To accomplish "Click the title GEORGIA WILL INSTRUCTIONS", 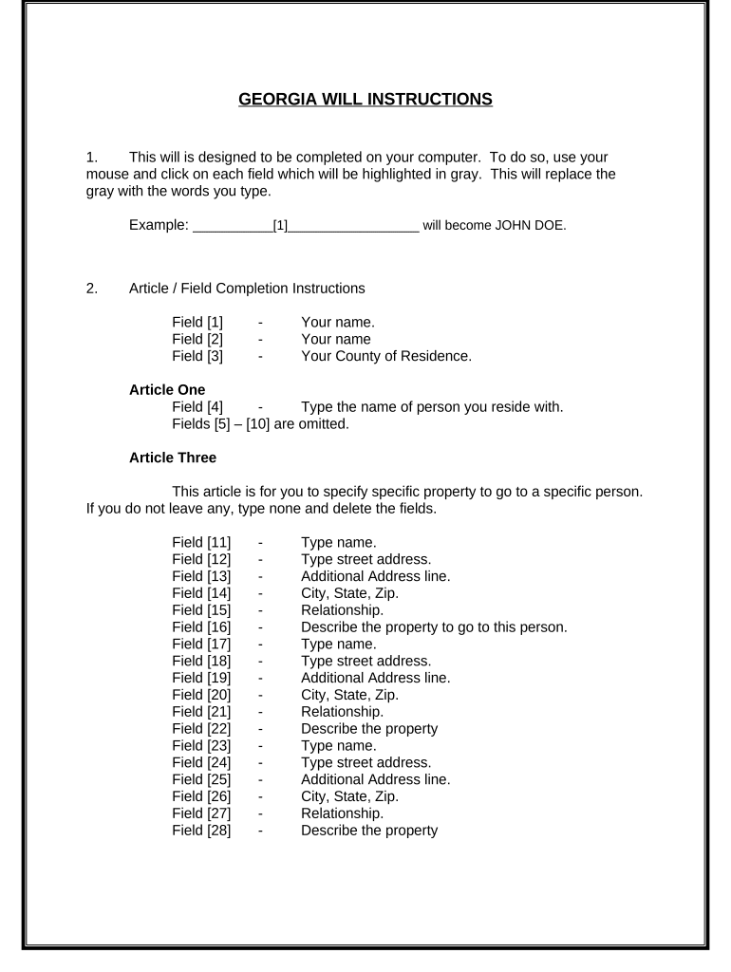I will (x=365, y=99).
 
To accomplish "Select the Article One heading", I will (x=167, y=389).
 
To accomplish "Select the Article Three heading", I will (x=172, y=458).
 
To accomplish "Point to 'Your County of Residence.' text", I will (x=385, y=356).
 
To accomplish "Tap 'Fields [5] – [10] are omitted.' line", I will (x=261, y=424).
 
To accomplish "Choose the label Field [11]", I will (x=201, y=542).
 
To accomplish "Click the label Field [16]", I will (x=201, y=626).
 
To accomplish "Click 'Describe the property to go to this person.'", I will (x=434, y=626).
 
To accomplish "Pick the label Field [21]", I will (x=201, y=711).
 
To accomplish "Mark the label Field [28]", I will (x=201, y=830).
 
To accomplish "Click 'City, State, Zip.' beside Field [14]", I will (x=349, y=593).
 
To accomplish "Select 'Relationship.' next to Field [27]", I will (x=343, y=813).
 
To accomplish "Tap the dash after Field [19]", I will (x=260, y=678).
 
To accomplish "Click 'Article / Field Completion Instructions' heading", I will (x=246, y=288).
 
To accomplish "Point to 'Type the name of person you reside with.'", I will (x=432, y=407).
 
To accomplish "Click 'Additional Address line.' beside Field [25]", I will (x=375, y=779).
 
